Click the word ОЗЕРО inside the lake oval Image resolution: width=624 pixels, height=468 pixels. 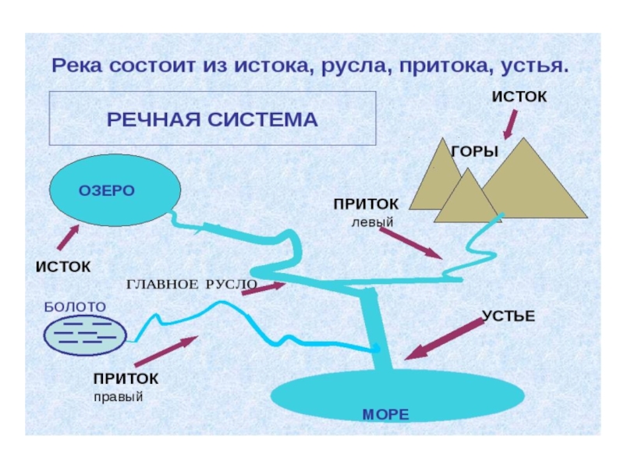click(x=107, y=190)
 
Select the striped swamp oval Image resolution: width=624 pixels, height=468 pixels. click(x=84, y=334)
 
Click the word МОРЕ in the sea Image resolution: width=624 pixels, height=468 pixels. click(x=385, y=414)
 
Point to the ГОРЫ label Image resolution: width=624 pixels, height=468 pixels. click(x=474, y=151)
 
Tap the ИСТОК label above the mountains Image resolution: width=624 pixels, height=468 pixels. click(x=519, y=96)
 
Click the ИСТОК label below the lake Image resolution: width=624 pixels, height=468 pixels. click(x=62, y=266)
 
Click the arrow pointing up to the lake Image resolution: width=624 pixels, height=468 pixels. click(x=68, y=237)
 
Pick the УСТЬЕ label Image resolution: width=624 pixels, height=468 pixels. click(x=508, y=316)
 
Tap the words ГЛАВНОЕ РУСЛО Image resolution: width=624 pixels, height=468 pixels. click(x=191, y=284)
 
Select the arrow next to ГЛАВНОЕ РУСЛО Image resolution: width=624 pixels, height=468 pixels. click(x=264, y=289)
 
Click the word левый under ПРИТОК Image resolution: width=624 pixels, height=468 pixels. click(x=372, y=222)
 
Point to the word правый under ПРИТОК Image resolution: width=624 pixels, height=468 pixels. click(x=119, y=396)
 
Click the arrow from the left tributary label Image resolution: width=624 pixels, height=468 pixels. click(x=411, y=243)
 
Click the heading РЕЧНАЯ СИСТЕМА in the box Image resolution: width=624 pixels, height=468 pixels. click(x=212, y=119)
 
